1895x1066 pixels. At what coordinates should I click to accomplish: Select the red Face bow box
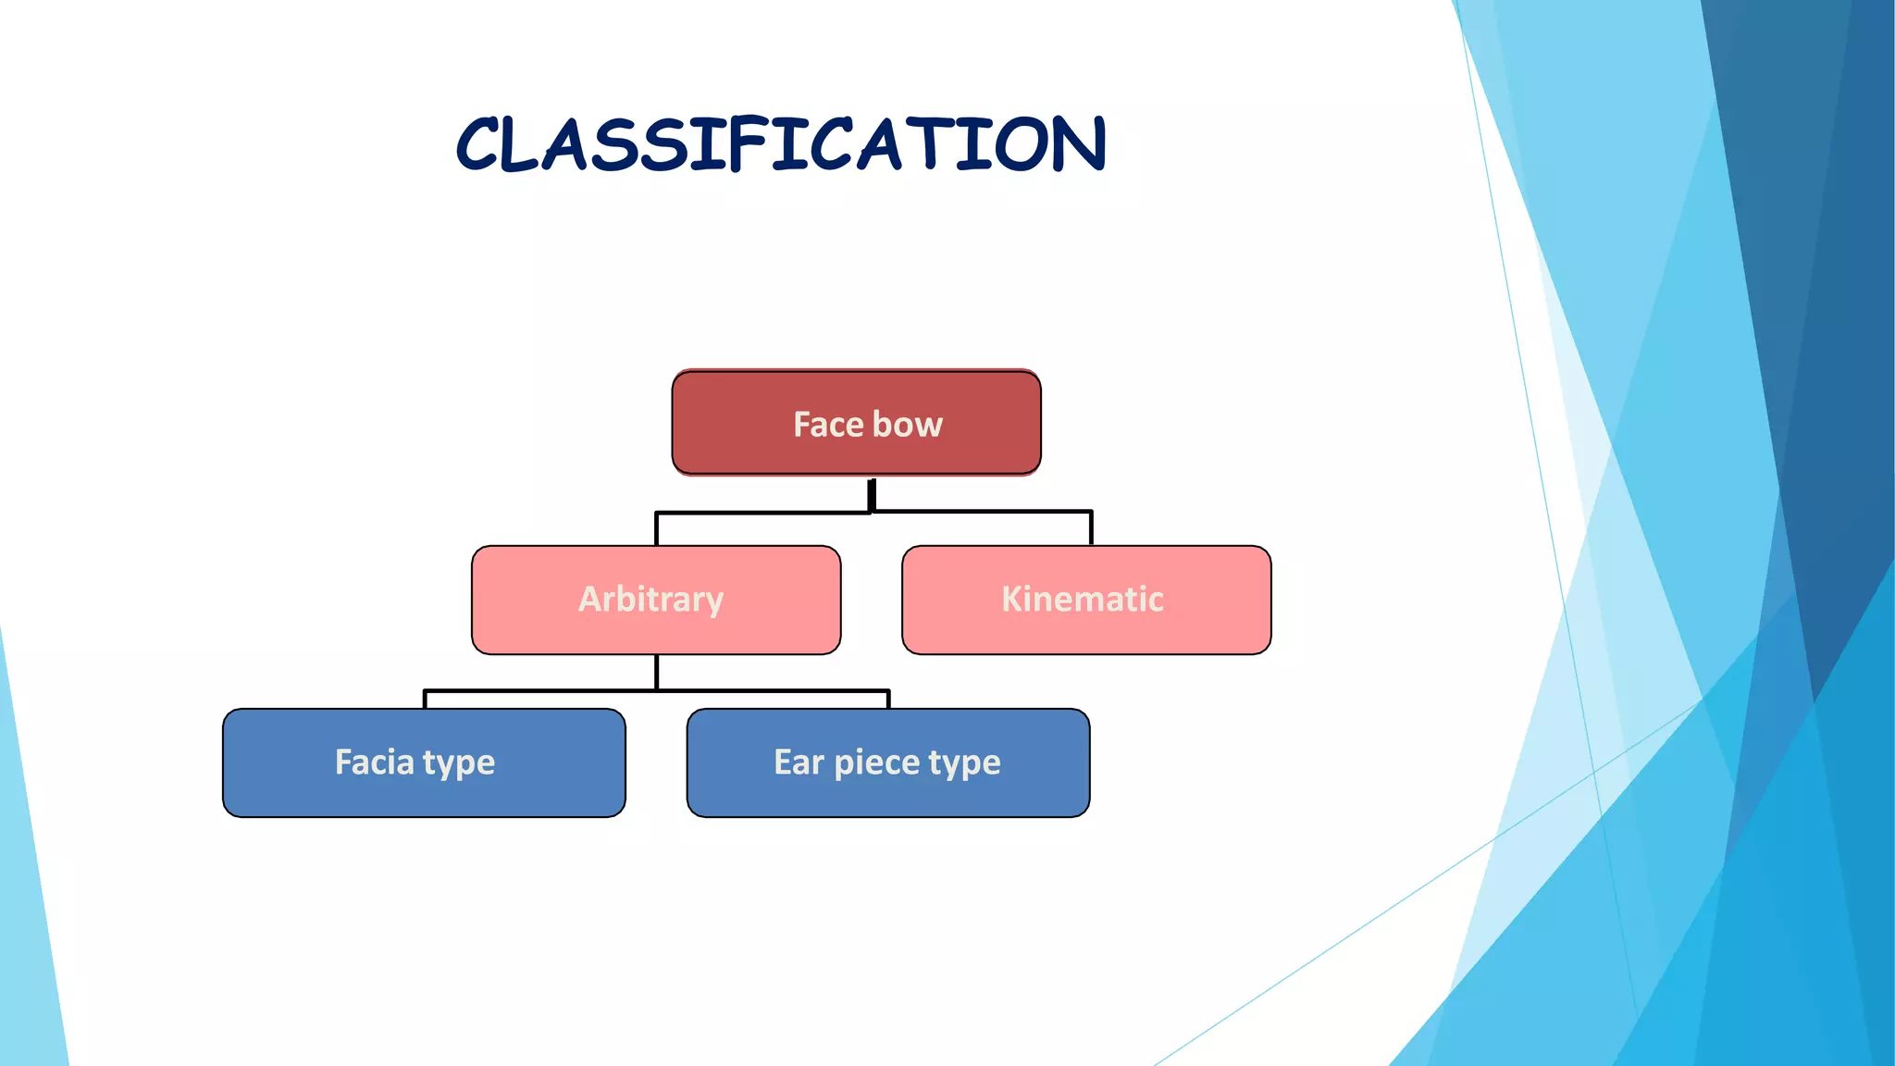tap(856, 423)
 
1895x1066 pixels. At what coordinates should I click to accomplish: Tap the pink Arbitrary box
tap(655, 600)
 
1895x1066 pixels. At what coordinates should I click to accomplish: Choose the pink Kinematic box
tap(1085, 600)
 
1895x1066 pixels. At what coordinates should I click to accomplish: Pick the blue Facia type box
tap(424, 762)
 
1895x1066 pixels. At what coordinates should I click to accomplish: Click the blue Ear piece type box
tap(887, 762)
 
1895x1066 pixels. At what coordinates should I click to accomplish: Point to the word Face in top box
tap(828, 425)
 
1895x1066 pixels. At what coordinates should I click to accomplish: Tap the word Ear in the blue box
tap(798, 762)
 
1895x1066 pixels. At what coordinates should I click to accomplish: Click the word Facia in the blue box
tap(374, 762)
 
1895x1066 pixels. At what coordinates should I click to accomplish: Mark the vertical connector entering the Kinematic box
tap(1091, 529)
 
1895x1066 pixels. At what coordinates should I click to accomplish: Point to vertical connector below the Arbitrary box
tap(656, 672)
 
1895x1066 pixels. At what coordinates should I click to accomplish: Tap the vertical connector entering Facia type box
tap(425, 700)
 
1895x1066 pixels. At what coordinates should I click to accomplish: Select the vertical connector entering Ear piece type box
tap(888, 700)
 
